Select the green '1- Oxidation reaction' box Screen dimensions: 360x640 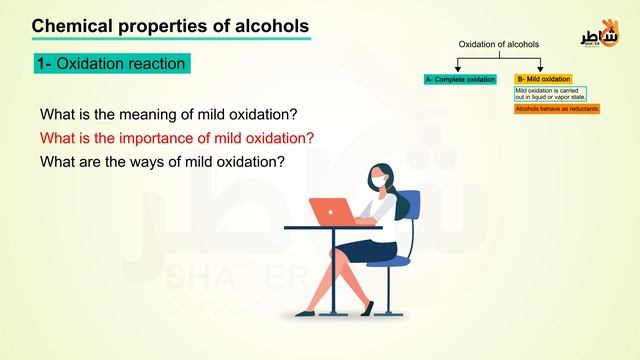pos(111,64)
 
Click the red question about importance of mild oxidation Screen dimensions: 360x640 pos(177,137)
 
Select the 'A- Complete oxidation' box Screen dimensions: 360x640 pos(459,79)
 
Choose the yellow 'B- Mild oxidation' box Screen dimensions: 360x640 pos(543,79)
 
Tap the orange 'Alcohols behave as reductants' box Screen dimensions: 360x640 pos(557,108)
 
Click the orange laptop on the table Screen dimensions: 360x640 pos(331,212)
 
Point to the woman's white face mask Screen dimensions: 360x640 pos(377,180)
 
